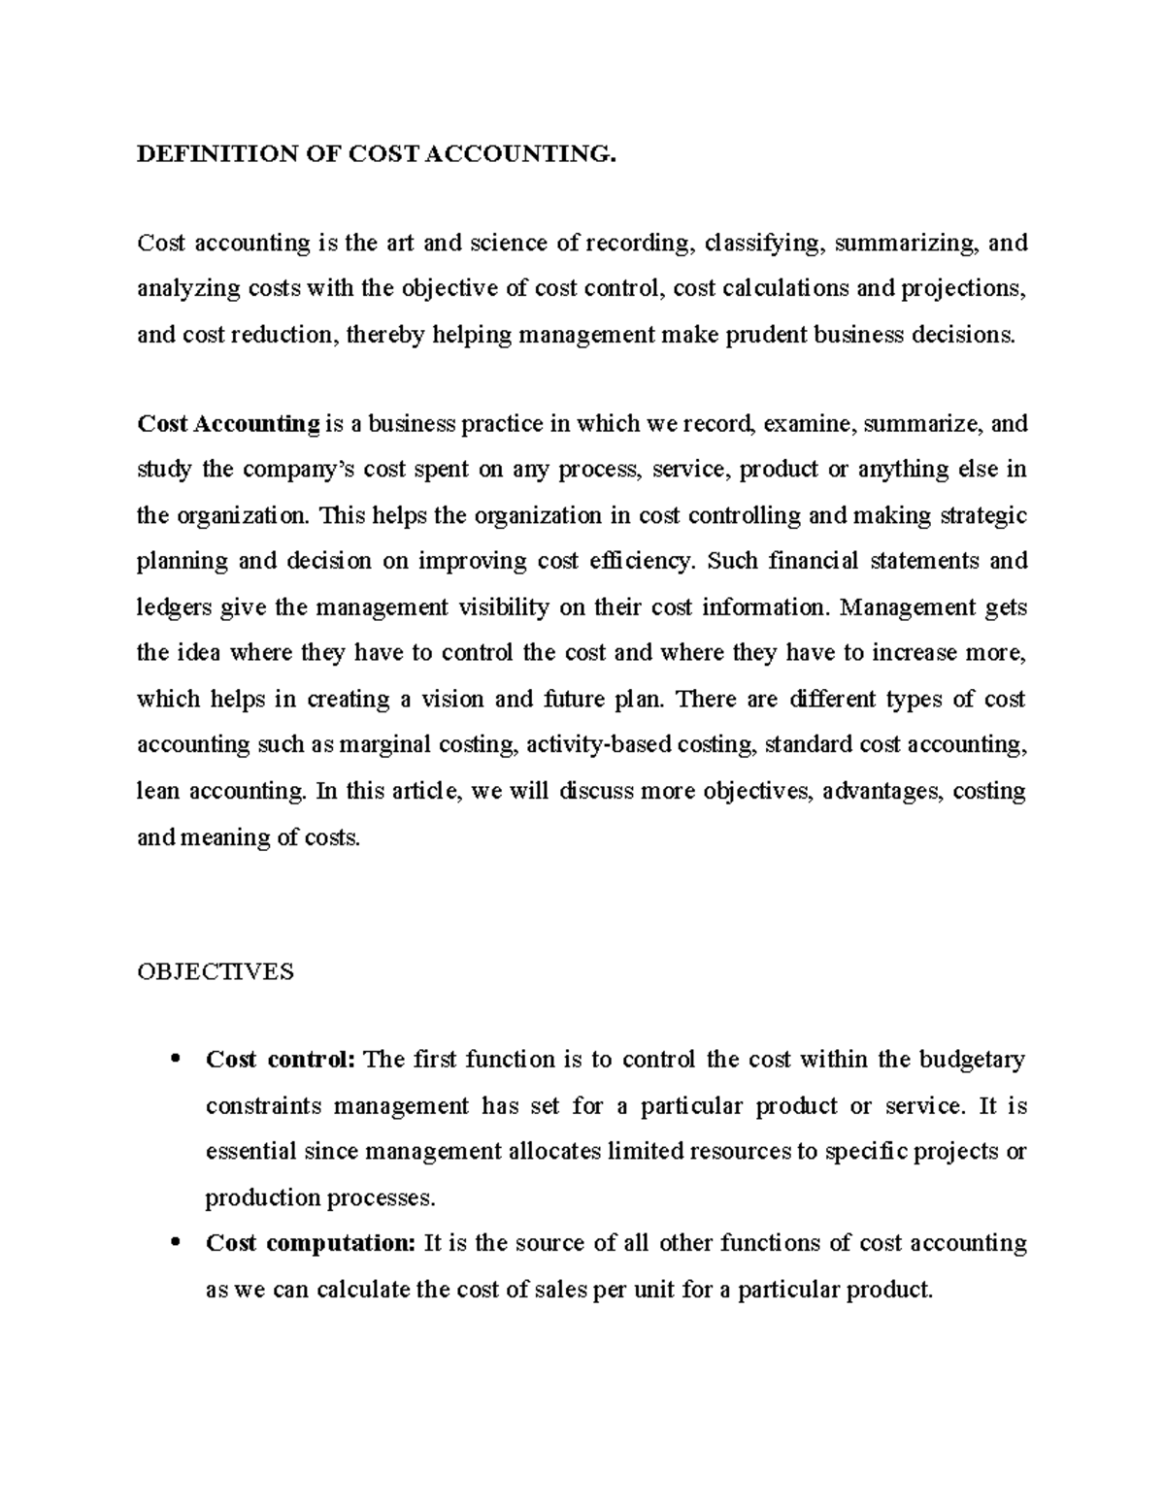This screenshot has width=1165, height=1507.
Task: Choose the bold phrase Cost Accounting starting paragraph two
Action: [229, 424]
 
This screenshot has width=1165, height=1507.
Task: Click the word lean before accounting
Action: [158, 791]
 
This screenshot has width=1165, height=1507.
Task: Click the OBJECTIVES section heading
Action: [215, 971]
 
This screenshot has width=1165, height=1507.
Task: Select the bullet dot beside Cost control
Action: [175, 1061]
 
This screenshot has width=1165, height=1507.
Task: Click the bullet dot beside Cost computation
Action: [175, 1244]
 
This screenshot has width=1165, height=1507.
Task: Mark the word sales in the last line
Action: [558, 1291]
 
